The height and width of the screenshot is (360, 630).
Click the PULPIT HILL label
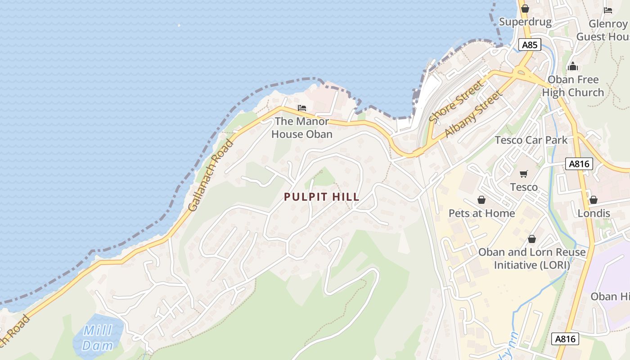[322, 197]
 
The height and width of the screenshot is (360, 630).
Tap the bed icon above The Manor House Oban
[302, 108]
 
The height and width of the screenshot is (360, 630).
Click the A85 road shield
[529, 45]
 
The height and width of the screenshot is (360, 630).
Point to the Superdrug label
[525, 22]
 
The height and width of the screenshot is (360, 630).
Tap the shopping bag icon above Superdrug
[525, 9]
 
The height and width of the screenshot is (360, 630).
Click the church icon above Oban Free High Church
[573, 67]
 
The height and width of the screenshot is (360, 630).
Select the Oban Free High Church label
[573, 86]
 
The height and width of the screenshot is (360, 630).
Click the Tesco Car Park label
[531, 140]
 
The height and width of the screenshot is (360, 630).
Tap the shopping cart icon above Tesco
[524, 174]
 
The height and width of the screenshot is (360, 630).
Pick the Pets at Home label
[481, 213]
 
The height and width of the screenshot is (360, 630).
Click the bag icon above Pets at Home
[481, 200]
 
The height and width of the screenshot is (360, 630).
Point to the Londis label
[594, 213]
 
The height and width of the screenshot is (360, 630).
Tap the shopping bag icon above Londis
[594, 200]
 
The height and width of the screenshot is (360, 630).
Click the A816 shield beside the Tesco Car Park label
[579, 164]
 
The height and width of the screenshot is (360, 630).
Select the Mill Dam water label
[98, 338]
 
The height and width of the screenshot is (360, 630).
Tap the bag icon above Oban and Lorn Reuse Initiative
[532, 239]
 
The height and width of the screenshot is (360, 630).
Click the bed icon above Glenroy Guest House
[608, 10]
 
